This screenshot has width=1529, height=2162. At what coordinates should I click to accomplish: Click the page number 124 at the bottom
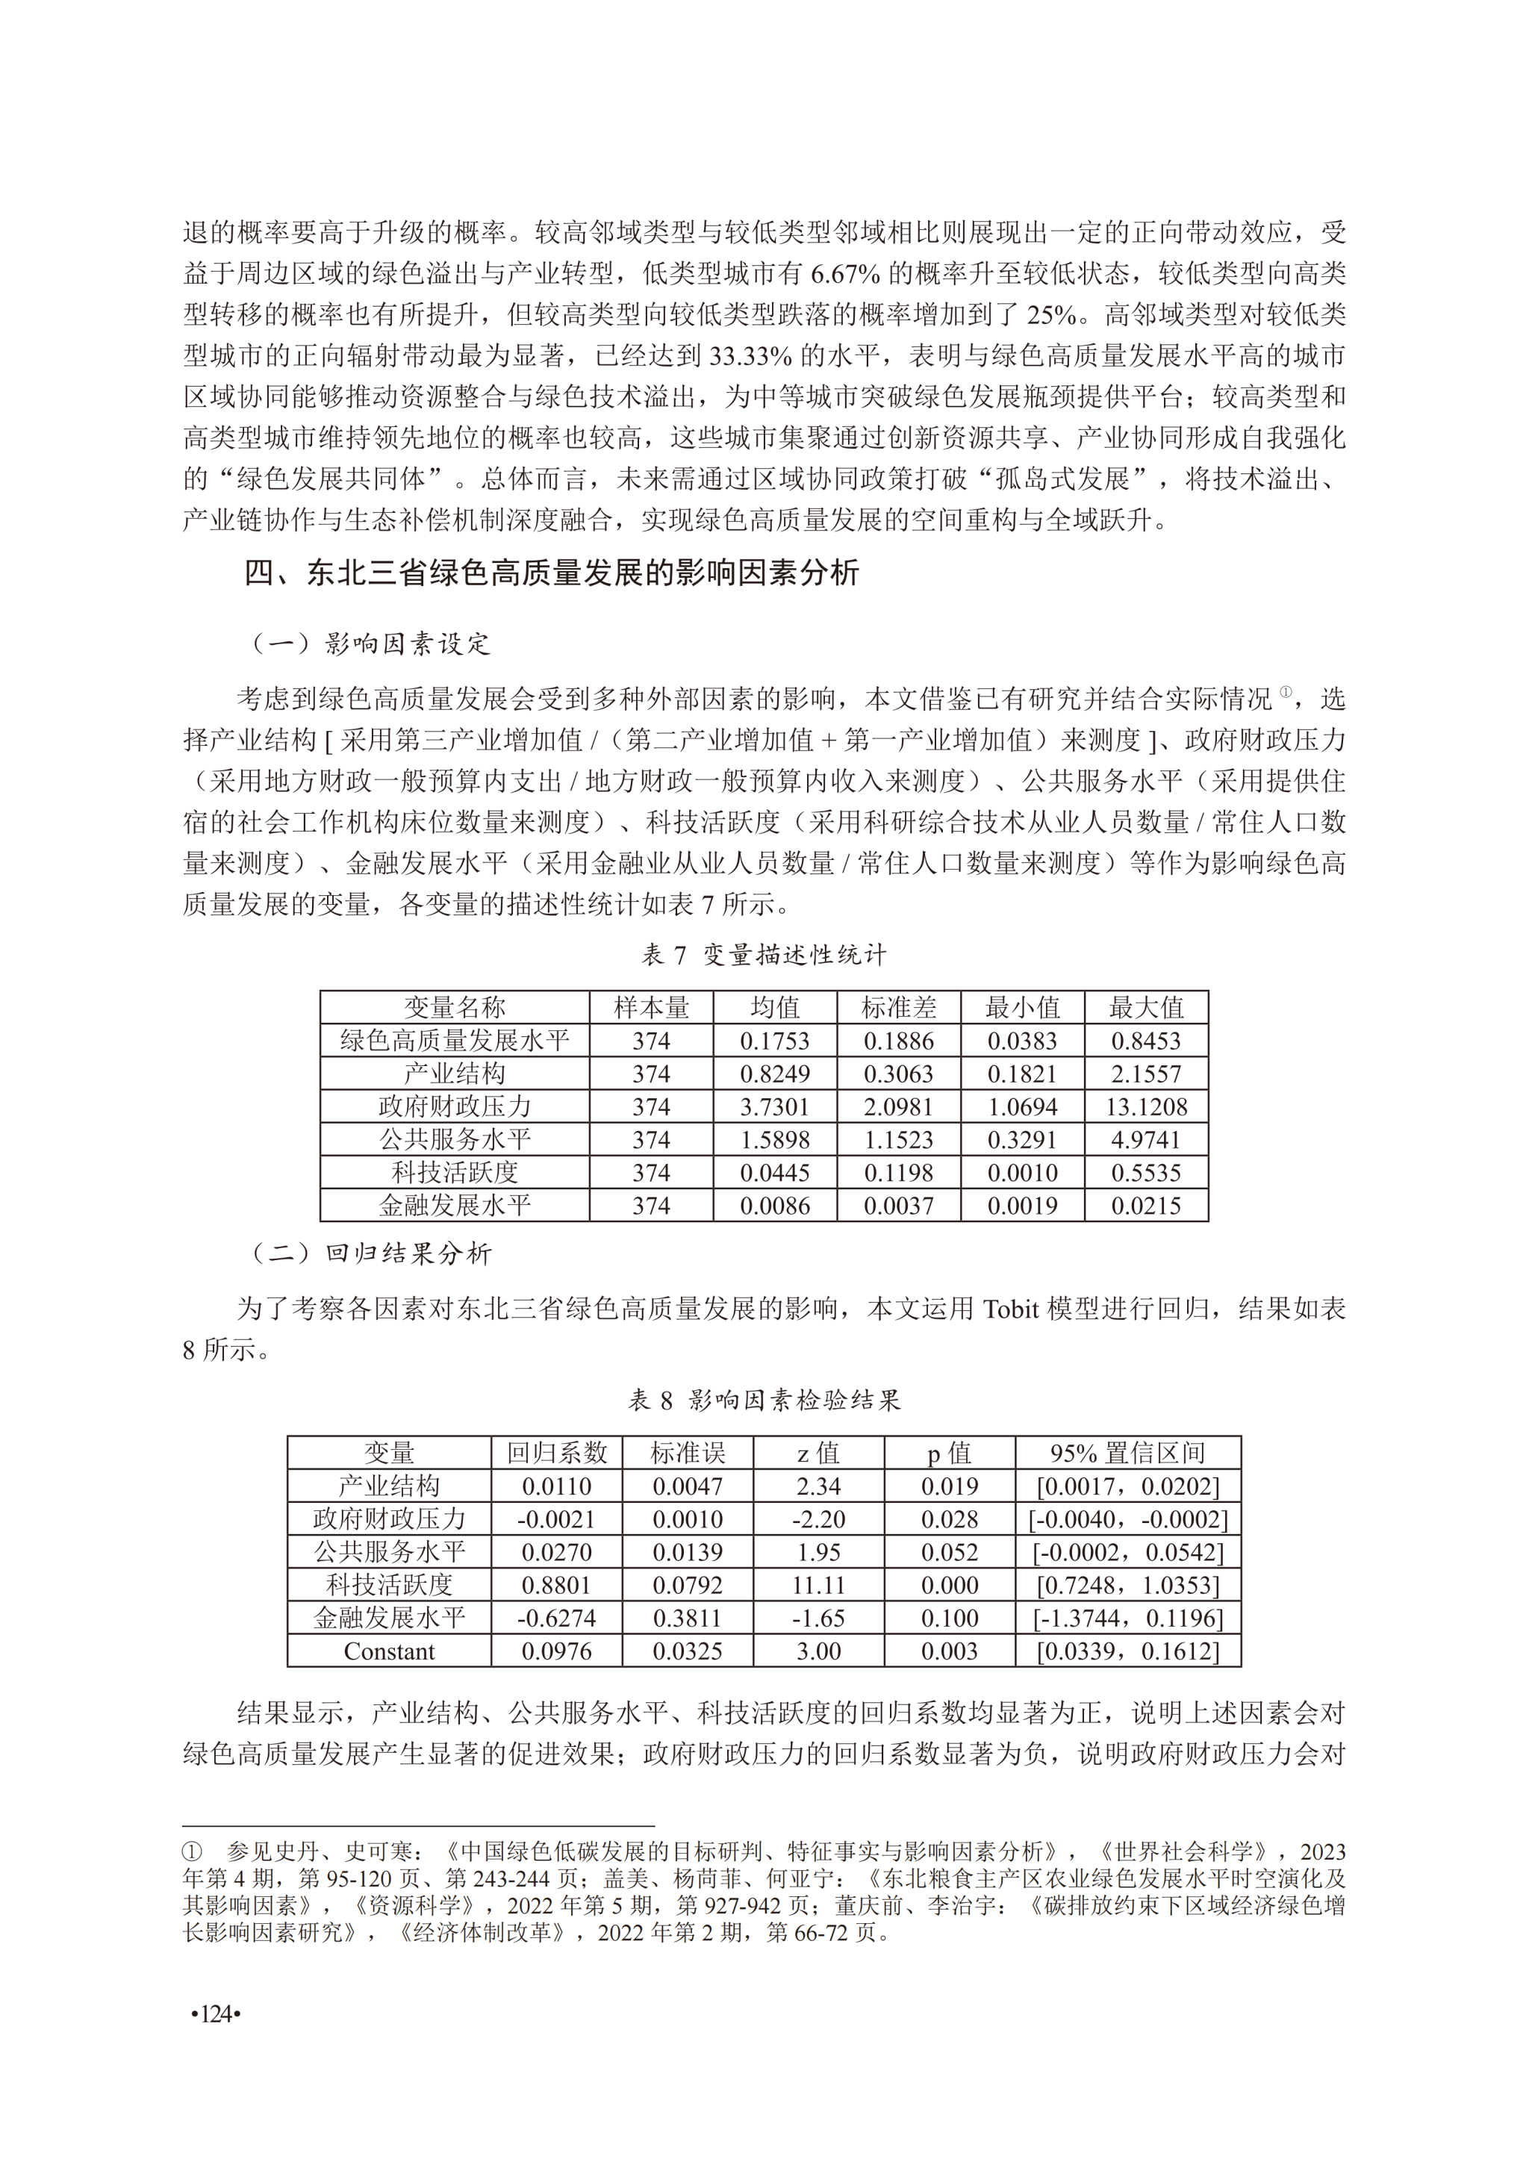216,2013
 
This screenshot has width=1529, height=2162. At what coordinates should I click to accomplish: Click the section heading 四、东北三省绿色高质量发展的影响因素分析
551,573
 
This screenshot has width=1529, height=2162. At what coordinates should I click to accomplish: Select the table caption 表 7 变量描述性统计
764,955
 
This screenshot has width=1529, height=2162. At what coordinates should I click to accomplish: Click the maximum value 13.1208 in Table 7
1146,1106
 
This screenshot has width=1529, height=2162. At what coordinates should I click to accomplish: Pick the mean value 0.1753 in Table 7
774,1041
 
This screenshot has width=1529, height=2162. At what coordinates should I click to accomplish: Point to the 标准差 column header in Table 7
898,1008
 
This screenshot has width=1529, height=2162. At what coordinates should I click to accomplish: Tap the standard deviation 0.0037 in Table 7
898,1205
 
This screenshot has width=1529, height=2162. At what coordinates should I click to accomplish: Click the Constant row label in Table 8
389,1651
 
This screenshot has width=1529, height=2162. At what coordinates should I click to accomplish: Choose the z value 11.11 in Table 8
818,1585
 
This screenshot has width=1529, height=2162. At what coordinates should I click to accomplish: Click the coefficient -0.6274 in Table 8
556,1618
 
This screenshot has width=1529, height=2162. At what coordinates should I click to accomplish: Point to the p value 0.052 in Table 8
949,1552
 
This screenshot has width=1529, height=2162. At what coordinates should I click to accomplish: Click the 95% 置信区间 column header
1127,1453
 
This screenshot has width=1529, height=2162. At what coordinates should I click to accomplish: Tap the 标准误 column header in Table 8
688,1453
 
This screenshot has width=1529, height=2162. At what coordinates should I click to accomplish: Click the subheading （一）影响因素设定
370,644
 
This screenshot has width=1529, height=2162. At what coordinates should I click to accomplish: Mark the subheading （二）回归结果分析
370,1253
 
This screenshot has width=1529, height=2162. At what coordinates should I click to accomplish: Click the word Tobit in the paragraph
1010,1309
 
